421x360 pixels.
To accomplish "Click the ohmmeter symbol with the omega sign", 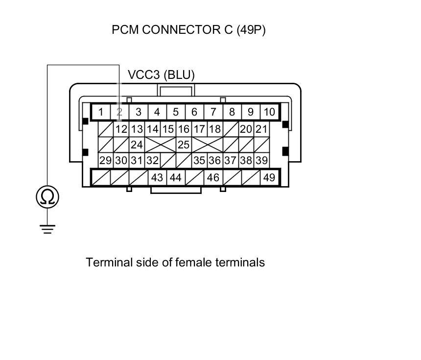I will point(47,197).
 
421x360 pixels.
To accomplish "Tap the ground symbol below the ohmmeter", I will point(47,228).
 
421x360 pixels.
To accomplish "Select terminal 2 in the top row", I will point(119,112).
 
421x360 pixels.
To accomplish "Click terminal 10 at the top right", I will point(269,112).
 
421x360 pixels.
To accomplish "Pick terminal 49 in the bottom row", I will point(269,177).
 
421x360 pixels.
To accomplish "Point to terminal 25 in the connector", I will point(184,145).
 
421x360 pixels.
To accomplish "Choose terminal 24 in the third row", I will point(137,145).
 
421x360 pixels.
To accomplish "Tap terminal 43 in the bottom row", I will point(157,177).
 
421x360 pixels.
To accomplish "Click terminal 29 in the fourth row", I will point(106,161).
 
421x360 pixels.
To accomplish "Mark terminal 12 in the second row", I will point(121,129).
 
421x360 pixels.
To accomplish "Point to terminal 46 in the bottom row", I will point(213,177).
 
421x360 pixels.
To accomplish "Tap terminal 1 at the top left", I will point(101,112).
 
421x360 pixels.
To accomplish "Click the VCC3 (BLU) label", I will point(161,75).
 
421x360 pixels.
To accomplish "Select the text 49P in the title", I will point(251,30).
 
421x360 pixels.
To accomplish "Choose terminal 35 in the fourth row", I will point(199,161).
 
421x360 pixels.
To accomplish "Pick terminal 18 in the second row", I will point(214,129).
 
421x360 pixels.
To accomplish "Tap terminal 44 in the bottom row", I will point(175,177).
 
